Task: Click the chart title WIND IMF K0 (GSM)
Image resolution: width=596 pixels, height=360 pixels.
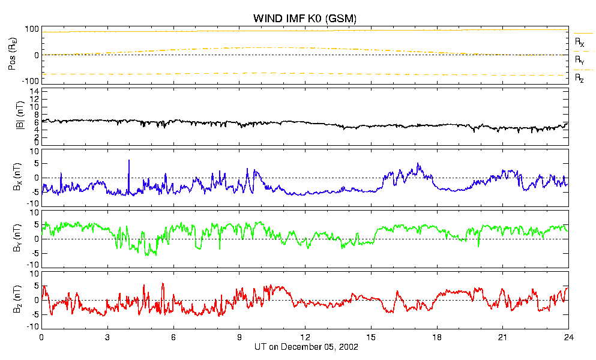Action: pos(305,18)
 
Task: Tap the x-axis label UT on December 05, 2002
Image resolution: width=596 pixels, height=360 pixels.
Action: pos(306,347)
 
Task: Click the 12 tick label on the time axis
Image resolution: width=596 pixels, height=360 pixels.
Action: pos(306,337)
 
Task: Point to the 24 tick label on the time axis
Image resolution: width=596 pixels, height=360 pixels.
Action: pos(568,337)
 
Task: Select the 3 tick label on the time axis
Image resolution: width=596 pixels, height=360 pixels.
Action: pos(107,337)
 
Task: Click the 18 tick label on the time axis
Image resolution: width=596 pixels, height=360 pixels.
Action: pos(437,337)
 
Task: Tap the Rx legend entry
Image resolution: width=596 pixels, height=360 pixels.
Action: pos(579,41)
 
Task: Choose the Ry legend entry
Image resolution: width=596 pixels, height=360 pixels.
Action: pos(579,59)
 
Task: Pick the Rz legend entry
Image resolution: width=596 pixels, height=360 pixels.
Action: pos(579,78)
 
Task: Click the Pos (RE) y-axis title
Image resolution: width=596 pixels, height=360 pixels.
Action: pos(12,55)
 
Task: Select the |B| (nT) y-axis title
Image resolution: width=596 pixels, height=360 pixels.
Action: pos(20,115)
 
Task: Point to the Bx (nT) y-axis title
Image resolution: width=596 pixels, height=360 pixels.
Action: pos(17,177)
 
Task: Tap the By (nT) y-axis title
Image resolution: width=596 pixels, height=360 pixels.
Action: pos(17,238)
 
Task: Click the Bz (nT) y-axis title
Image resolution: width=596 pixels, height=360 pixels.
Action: pos(17,299)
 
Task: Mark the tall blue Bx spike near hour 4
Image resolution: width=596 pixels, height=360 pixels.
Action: pos(129,176)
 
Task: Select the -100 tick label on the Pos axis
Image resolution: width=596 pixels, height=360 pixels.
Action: pos(32,81)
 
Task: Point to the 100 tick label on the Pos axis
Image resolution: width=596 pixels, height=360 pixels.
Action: pos(32,29)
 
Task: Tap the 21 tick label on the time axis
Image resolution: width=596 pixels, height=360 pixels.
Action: pos(503,337)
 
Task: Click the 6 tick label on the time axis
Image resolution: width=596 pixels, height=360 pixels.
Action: pos(173,337)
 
